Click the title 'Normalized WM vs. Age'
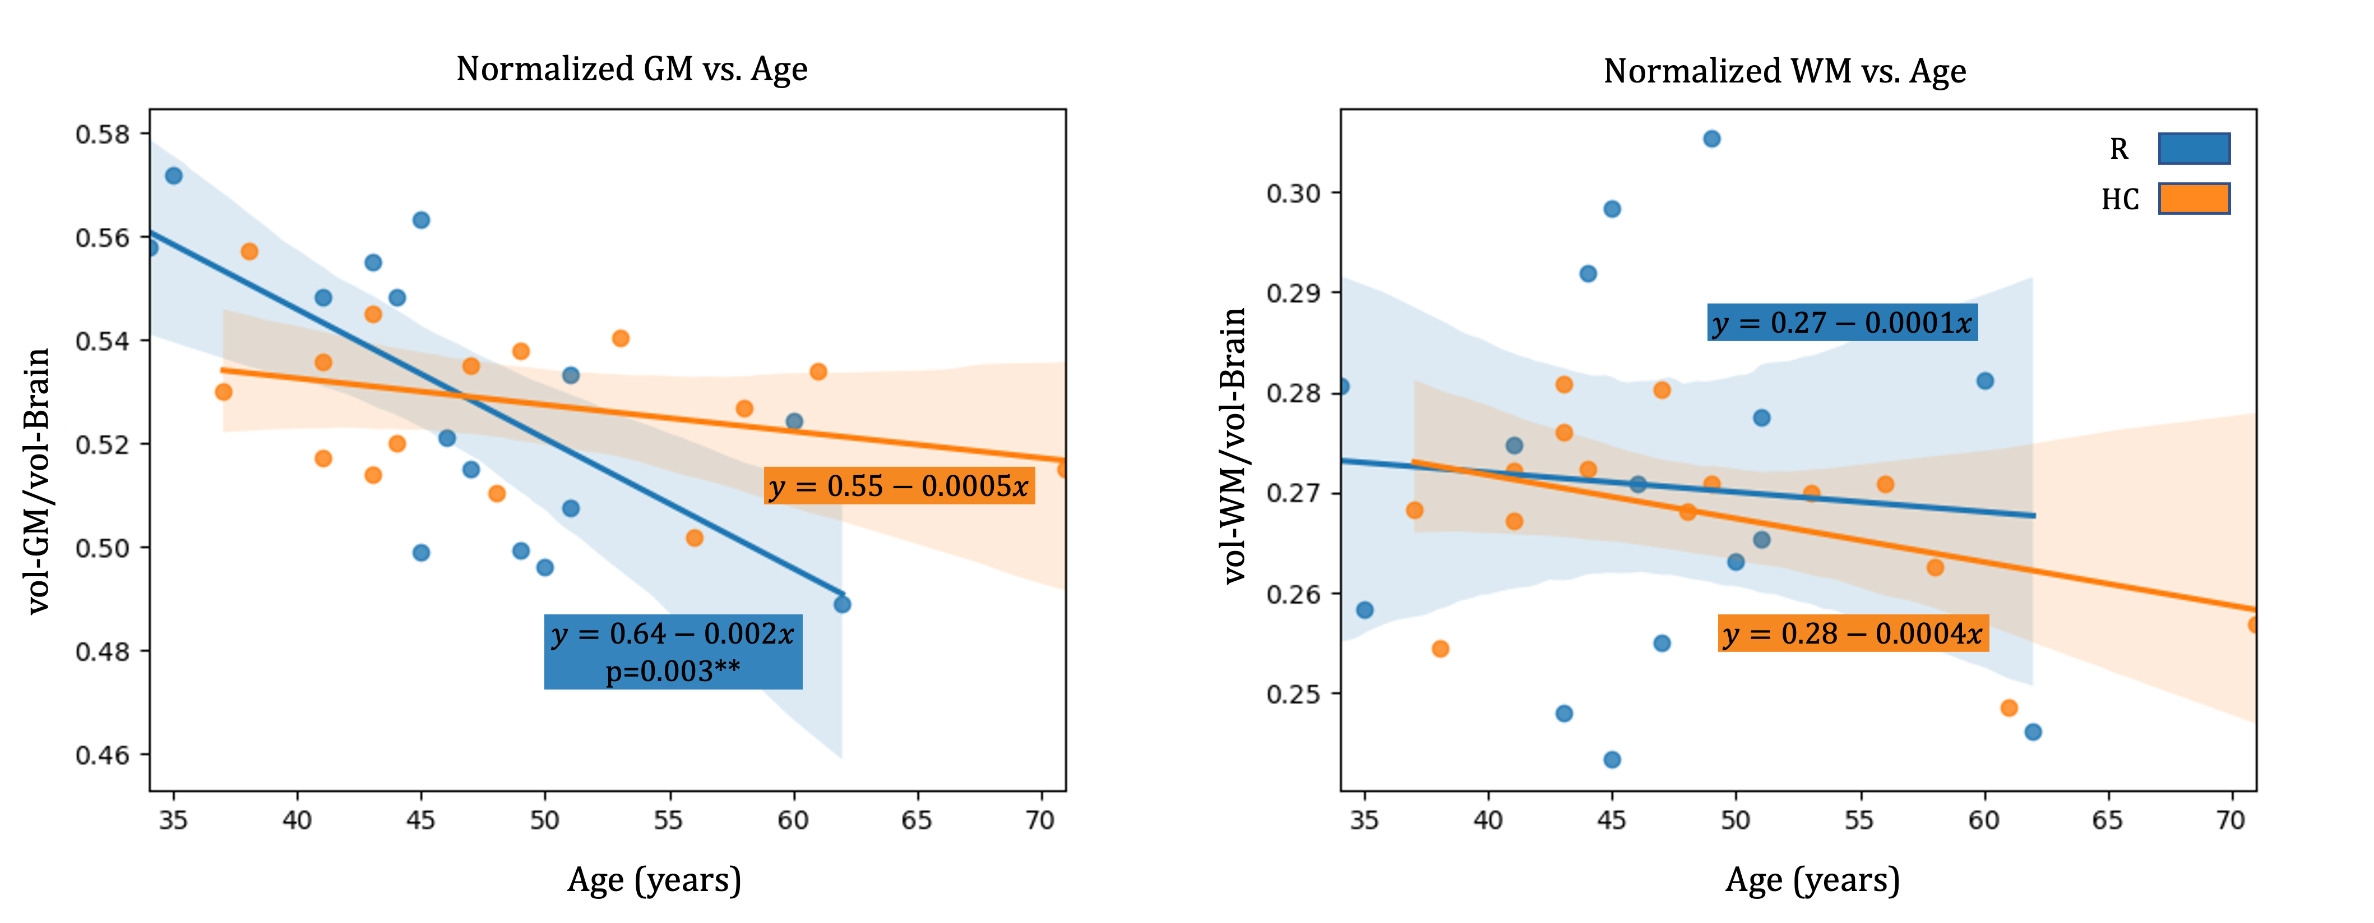[1784, 71]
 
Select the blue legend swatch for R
[2193, 149]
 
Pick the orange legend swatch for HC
[2193, 198]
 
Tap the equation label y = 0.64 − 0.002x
[673, 635]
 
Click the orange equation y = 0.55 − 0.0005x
[899, 486]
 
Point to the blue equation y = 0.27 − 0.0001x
[1841, 323]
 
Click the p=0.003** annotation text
[673, 671]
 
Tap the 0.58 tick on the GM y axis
[102, 135]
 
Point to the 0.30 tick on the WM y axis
[1294, 194]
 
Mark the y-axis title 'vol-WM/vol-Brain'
[1233, 446]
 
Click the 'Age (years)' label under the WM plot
[1813, 880]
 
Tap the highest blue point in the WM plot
[1711, 139]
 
